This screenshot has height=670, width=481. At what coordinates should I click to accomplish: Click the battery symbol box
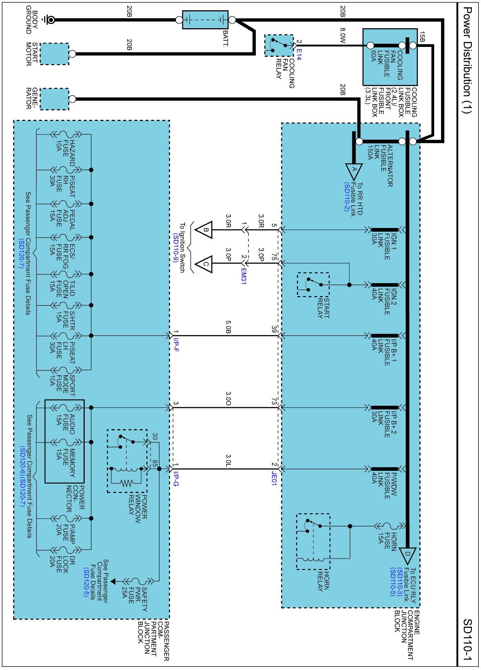pyautogui.click(x=205, y=20)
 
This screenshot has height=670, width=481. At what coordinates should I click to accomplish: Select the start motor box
pyautogui.click(x=54, y=54)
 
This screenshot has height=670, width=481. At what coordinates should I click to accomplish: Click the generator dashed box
pyautogui.click(x=54, y=99)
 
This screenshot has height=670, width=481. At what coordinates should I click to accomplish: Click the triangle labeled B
pyautogui.click(x=204, y=230)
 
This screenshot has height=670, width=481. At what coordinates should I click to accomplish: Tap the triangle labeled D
pyautogui.click(x=407, y=556)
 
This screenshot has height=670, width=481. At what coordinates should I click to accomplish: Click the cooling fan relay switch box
pyautogui.click(x=279, y=45)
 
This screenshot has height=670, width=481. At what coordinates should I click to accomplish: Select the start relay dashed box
pyautogui.click(x=313, y=284)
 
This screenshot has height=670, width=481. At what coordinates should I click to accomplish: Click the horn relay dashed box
pyautogui.click(x=313, y=541)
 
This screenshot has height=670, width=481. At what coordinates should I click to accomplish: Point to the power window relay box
pyautogui.click(x=127, y=461)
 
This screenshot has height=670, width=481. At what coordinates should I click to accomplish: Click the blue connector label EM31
pyautogui.click(x=244, y=276)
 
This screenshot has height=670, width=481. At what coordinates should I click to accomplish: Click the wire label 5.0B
pyautogui.click(x=228, y=327)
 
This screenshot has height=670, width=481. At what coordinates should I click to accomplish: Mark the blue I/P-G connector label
pyautogui.click(x=176, y=479)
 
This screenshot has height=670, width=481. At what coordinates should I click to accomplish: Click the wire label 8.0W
pyautogui.click(x=342, y=36)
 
